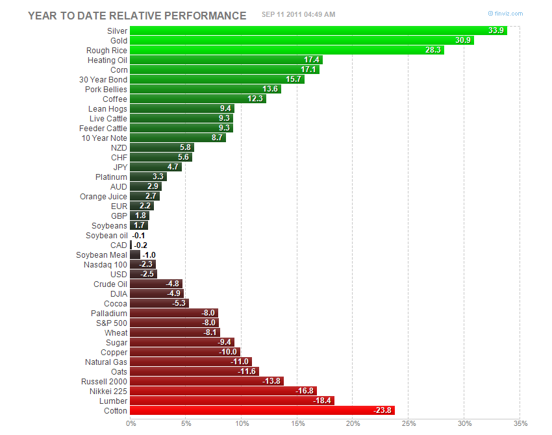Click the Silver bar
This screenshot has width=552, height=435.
tap(318, 31)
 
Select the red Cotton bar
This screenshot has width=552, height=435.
tap(262, 410)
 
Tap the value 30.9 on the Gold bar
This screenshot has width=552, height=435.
tap(463, 40)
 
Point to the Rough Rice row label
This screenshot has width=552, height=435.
tap(107, 50)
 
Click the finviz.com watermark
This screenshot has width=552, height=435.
tap(505, 13)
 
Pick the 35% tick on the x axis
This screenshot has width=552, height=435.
tap(520, 424)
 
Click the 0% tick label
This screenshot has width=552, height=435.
tap(131, 424)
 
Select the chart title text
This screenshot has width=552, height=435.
tap(137, 16)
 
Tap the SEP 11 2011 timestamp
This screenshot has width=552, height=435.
tap(298, 14)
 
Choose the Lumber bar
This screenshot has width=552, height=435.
tap(232, 401)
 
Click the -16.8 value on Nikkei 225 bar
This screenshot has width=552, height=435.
tap(305, 391)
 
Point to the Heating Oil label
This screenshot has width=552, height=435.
tap(107, 60)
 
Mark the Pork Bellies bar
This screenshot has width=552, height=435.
tap(205, 89)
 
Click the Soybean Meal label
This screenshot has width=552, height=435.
tap(101, 255)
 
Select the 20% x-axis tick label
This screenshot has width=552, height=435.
tap(353, 424)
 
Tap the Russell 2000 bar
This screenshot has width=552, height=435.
tap(207, 381)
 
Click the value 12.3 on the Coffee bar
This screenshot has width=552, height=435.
tap(255, 99)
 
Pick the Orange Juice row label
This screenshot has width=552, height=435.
tap(103, 196)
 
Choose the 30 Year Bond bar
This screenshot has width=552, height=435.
tap(217, 79)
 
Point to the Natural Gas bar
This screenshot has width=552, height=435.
tap(190, 362)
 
